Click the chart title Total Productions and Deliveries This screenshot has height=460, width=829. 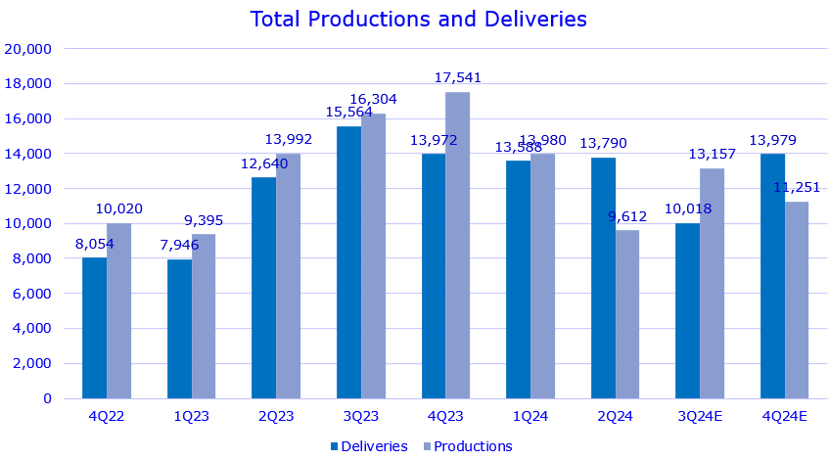point(418,19)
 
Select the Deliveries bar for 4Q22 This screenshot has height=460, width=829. point(94,328)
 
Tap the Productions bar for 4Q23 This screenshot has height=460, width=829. point(457,245)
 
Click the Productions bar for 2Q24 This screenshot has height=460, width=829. point(627,314)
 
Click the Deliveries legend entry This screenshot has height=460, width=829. point(367,446)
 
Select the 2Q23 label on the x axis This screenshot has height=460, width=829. point(276,415)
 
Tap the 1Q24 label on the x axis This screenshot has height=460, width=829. point(530,415)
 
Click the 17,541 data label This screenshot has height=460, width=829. point(457,77)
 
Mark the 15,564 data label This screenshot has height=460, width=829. point(349,112)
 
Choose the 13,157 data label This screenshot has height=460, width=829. point(712,154)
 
